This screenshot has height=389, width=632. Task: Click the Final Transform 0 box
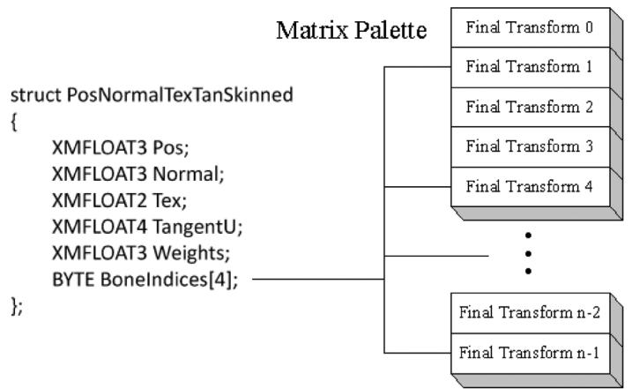[x=531, y=27]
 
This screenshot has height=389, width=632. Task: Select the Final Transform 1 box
[x=531, y=67]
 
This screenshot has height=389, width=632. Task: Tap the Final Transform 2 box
[x=531, y=107]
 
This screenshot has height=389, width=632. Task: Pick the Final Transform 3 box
[x=531, y=146]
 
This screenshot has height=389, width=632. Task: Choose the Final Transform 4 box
[x=531, y=186]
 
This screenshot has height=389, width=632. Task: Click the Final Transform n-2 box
[x=531, y=313]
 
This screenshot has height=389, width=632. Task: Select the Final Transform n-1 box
[x=531, y=354]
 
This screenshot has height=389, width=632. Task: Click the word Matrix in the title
[x=312, y=30]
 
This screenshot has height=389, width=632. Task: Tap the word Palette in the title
[x=390, y=30]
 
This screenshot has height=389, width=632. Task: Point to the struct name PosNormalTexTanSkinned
[x=180, y=95]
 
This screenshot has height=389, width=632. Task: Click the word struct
[x=36, y=95]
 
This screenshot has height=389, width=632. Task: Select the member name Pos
[x=170, y=147]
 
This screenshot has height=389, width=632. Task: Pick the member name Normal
[x=189, y=175]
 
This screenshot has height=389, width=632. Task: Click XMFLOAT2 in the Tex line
[x=99, y=200]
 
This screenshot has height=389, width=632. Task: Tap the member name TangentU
[x=197, y=227]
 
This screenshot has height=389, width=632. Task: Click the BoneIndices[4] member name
[x=169, y=280]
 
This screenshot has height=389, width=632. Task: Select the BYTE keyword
[x=73, y=280]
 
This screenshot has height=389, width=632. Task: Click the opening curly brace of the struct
[x=14, y=122]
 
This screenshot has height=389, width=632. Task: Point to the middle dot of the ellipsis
[x=528, y=253]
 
